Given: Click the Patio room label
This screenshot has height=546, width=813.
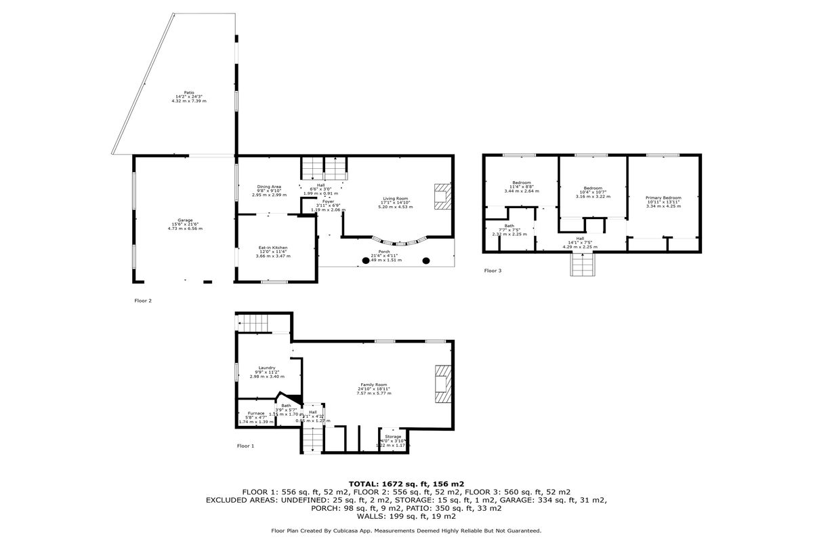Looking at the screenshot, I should pyautogui.click(x=189, y=96).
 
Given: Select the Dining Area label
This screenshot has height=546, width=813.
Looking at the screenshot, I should pyautogui.click(x=269, y=190).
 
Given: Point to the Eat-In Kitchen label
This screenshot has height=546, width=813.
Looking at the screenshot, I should pyautogui.click(x=273, y=251).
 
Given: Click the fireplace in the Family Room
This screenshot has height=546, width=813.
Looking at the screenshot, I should pyautogui.click(x=442, y=384).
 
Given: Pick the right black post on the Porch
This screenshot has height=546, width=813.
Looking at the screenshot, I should pyautogui.click(x=426, y=260).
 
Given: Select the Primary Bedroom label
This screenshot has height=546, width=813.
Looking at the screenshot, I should pyautogui.click(x=663, y=200).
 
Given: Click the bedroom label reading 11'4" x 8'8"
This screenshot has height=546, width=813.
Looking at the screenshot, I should pyautogui.click(x=522, y=187).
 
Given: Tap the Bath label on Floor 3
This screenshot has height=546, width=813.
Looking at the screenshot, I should pyautogui.click(x=509, y=229).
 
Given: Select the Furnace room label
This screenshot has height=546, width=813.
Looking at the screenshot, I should pyautogui.click(x=256, y=417).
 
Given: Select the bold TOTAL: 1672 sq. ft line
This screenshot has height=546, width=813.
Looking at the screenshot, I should pyautogui.click(x=406, y=484).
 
